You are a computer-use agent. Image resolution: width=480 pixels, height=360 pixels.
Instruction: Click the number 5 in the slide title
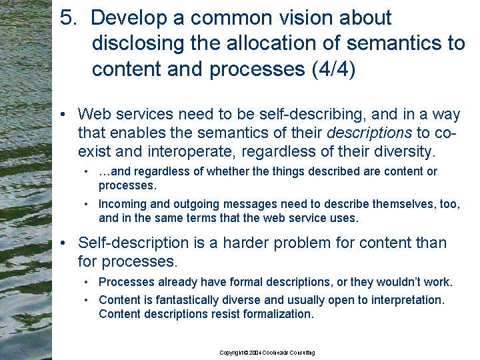point(67,17)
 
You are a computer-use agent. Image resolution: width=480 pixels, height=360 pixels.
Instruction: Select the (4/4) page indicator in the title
point(334,69)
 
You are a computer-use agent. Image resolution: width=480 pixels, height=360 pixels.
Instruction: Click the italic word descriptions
point(369,133)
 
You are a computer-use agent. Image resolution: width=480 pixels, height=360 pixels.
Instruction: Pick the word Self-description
point(133,243)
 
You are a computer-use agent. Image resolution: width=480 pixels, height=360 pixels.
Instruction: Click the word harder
point(245,243)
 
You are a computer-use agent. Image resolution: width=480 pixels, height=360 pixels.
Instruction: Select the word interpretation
point(408,300)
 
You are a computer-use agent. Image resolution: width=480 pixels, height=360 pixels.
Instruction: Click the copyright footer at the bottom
point(267,353)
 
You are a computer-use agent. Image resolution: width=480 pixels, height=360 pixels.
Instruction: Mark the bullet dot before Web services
point(63,115)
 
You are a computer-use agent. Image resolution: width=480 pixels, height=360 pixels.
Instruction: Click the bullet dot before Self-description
point(63,243)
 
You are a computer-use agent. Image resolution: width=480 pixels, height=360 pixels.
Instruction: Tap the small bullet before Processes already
point(86,282)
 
